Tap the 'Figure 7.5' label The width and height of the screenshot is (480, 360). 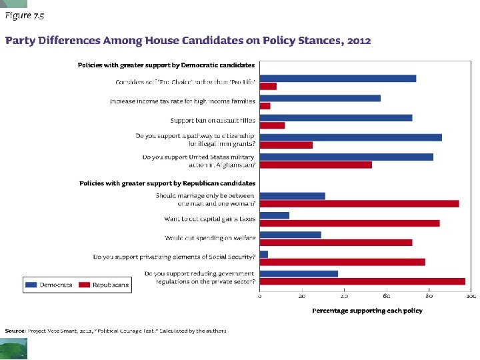(x=25, y=14)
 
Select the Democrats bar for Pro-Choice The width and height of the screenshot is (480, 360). (x=337, y=78)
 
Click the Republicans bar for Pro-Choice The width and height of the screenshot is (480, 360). (x=267, y=86)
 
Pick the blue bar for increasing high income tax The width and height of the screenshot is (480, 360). (x=319, y=98)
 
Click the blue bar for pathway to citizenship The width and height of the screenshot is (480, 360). (x=350, y=137)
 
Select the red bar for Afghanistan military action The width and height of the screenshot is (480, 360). (x=315, y=165)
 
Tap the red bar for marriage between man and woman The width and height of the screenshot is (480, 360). (x=359, y=203)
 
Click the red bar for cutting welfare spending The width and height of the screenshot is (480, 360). (x=335, y=242)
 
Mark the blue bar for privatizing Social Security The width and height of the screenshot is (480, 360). (x=263, y=254)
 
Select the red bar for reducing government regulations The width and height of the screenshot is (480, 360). (x=362, y=281)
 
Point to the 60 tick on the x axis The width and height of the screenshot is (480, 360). (x=387, y=296)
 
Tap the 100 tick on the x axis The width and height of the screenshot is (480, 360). (x=471, y=296)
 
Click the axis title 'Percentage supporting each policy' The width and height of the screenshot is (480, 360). (x=367, y=311)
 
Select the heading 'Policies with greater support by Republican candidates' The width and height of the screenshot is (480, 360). (x=167, y=183)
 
